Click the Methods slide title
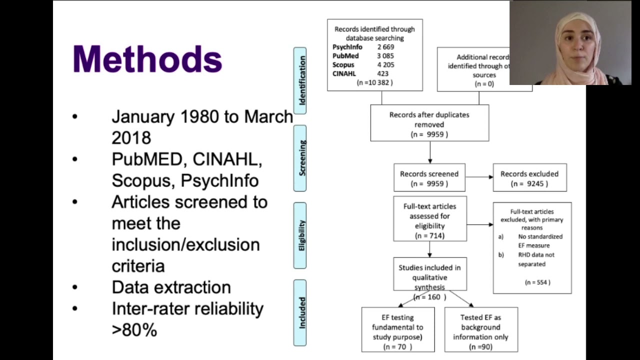coord(147,59)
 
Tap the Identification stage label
coord(300,80)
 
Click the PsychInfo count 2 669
coord(385,47)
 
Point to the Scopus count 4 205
coord(385,65)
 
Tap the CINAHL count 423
coord(382,74)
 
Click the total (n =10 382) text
coord(374,83)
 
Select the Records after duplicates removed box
coord(429,123)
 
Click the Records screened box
coord(429,178)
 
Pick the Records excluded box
coord(529,178)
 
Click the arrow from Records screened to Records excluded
coord(479,177)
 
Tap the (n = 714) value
coord(429,235)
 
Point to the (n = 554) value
coord(537,282)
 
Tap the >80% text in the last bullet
coord(134,330)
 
